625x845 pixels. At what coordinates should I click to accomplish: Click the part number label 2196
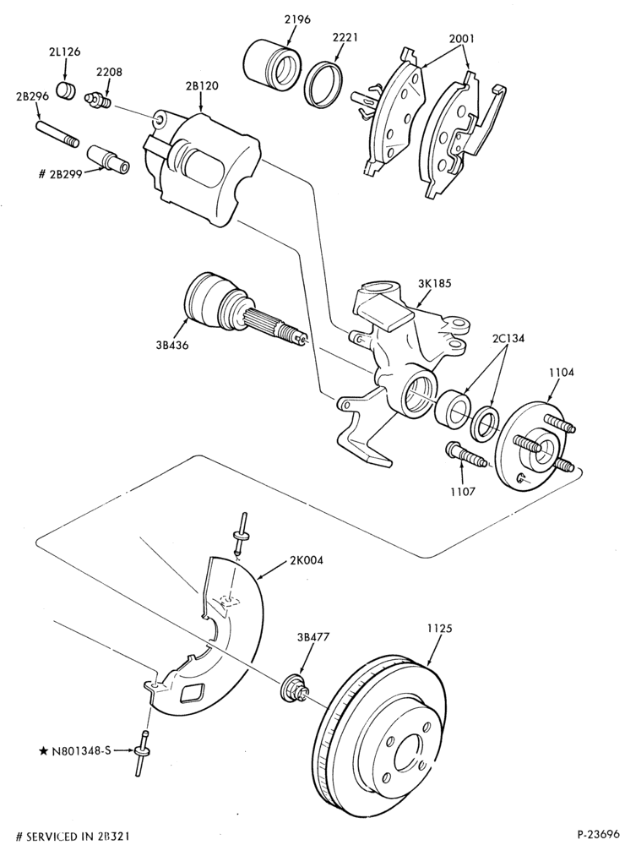[297, 20]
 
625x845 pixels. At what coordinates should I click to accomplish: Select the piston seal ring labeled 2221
[323, 84]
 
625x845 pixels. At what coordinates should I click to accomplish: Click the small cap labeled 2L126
[66, 90]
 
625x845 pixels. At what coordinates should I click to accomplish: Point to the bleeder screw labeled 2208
[98, 100]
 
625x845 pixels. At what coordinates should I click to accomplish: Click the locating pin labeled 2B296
[57, 134]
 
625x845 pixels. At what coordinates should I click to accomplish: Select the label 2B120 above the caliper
[203, 85]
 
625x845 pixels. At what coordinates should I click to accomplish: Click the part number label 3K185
[434, 282]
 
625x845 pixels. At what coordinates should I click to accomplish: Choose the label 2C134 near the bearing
[508, 339]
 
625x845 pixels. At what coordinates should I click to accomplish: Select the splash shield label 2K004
[307, 560]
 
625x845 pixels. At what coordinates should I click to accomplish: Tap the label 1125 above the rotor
[440, 628]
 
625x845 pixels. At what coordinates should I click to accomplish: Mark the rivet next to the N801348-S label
[144, 752]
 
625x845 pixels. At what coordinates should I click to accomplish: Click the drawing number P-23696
[599, 836]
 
